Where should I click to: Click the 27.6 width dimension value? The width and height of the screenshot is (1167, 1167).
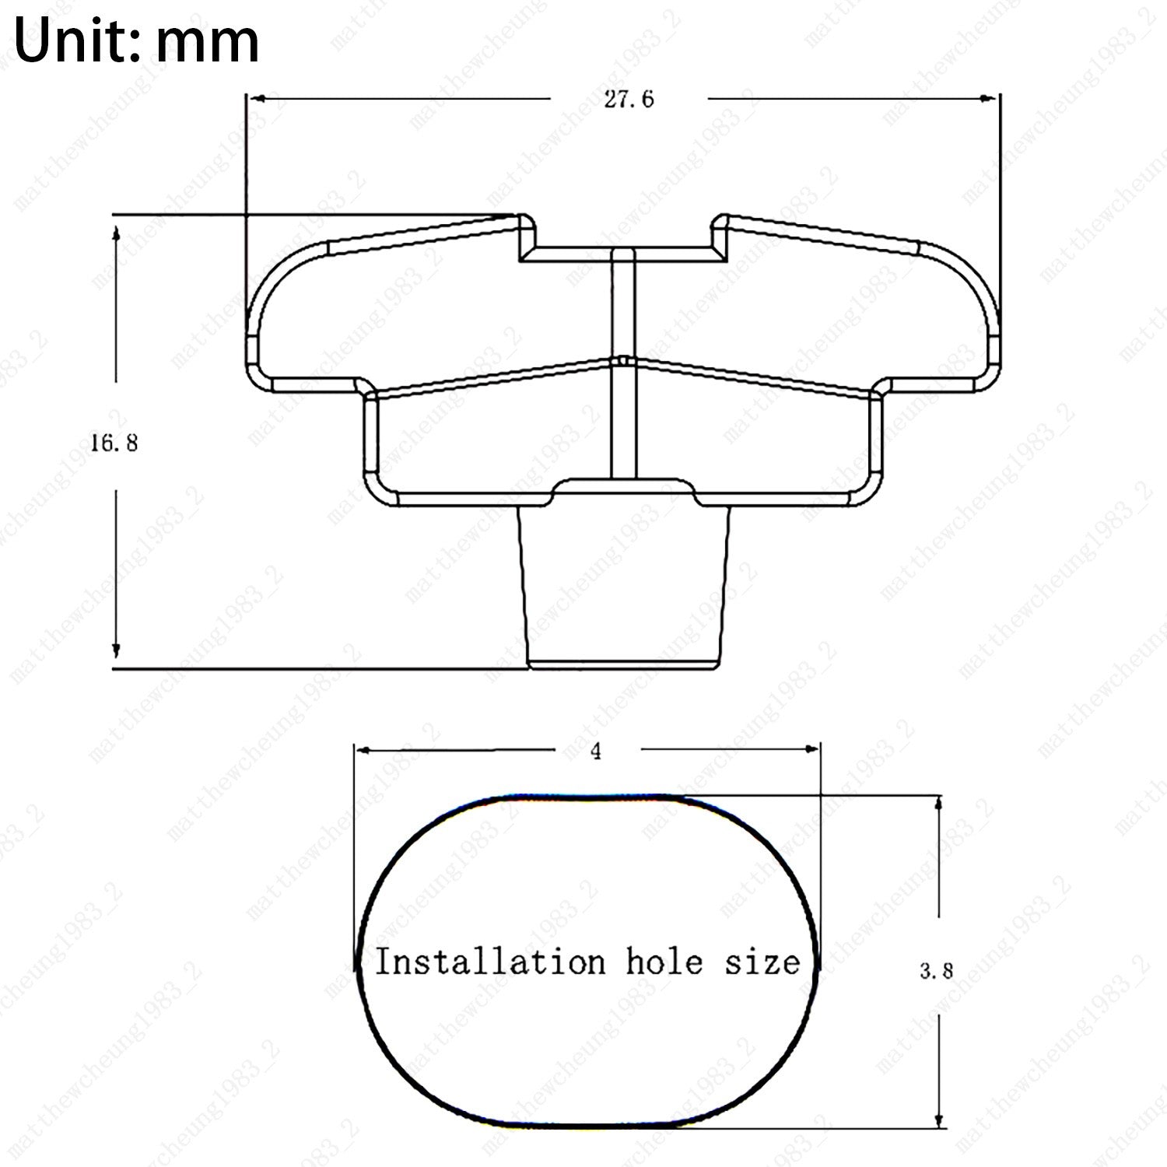pyautogui.click(x=629, y=100)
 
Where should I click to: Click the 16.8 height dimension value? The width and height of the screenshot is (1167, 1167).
pyautogui.click(x=114, y=443)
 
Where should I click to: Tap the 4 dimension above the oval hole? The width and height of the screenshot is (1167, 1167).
pyautogui.click(x=597, y=752)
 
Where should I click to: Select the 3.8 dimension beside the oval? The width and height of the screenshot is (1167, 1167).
pyautogui.click(x=937, y=971)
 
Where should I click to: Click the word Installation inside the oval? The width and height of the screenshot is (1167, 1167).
pyautogui.click(x=490, y=962)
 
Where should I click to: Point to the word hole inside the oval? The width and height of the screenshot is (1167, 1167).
pyautogui.click(x=664, y=962)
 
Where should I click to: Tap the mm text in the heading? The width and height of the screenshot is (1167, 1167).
pyautogui.click(x=207, y=47)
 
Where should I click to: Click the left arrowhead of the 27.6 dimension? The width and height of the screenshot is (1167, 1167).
pyautogui.click(x=257, y=98)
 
